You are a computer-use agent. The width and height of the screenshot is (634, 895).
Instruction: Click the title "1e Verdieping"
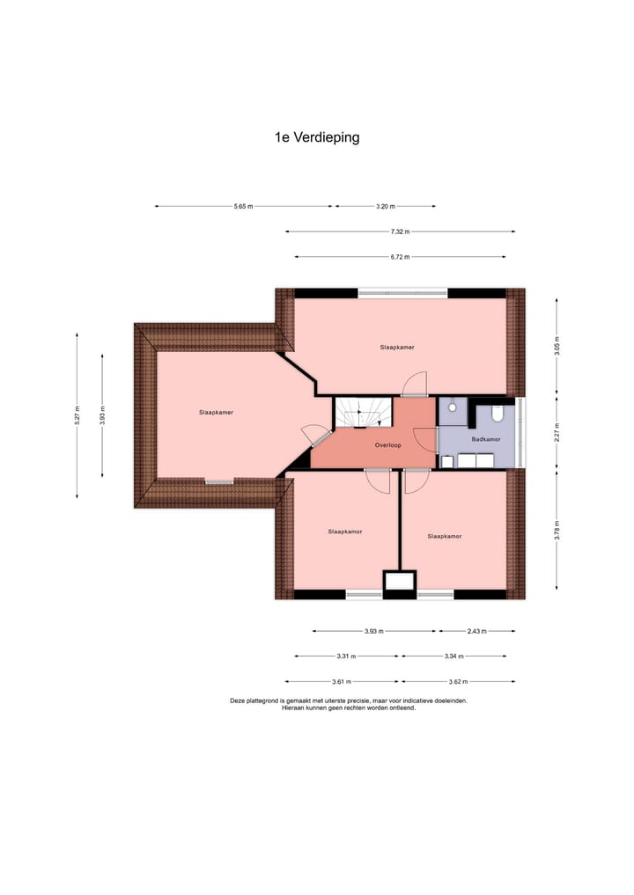pyautogui.click(x=317, y=137)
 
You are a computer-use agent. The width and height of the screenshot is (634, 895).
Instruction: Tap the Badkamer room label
pyautogui.click(x=486, y=438)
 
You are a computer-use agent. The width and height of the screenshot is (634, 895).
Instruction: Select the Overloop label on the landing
pyautogui.click(x=387, y=445)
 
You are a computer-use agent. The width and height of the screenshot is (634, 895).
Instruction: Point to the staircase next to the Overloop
pyautogui.click(x=362, y=413)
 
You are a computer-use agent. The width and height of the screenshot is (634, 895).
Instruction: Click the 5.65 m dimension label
pyautogui.click(x=243, y=206)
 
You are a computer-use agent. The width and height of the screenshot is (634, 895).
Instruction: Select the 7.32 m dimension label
pyautogui.click(x=401, y=231)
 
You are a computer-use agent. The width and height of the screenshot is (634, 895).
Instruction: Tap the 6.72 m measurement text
pyautogui.click(x=400, y=257)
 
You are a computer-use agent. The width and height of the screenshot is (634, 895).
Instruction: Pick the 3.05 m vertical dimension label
pyautogui.click(x=557, y=346)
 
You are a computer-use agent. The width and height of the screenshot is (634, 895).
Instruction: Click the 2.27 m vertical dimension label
pyautogui.click(x=557, y=432)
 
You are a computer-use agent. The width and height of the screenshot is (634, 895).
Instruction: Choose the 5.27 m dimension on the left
pyautogui.click(x=77, y=415)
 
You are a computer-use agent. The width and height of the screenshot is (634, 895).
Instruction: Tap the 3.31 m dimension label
pyautogui.click(x=346, y=657)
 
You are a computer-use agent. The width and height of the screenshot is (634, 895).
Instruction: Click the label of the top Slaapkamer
pyautogui.click(x=397, y=348)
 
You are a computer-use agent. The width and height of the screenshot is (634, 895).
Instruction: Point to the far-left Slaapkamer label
pyautogui.click(x=216, y=412)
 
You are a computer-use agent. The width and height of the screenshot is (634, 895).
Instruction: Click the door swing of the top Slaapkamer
pyautogui.click(x=414, y=384)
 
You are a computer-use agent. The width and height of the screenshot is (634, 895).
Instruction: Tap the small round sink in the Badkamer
pyautogui.click(x=451, y=407)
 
